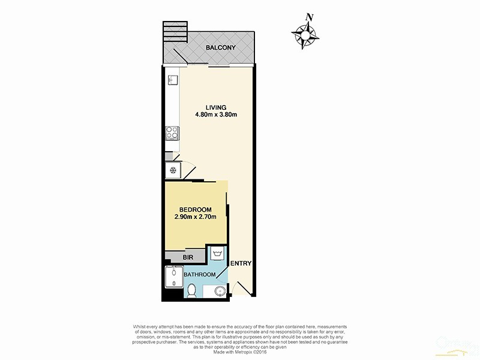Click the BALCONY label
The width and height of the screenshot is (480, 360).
[x=220, y=47]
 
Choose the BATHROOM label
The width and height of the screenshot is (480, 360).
[x=199, y=274]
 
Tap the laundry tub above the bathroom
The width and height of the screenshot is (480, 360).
[x=217, y=255]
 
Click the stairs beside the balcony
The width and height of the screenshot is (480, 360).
[x=175, y=32]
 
